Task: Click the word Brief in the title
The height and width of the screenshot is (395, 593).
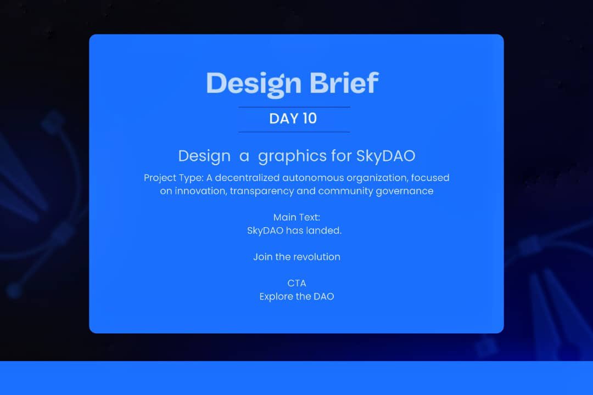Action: pos(344,83)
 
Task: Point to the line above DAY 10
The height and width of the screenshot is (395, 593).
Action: pos(294,107)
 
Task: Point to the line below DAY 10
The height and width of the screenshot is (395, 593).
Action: pos(294,132)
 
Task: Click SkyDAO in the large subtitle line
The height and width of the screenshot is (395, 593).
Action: pos(385,156)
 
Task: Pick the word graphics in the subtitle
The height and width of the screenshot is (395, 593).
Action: pos(292,156)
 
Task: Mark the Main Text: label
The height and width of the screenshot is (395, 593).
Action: pos(296,217)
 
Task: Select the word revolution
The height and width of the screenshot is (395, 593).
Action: pos(317,257)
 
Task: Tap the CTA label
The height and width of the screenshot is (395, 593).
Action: pos(296,283)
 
